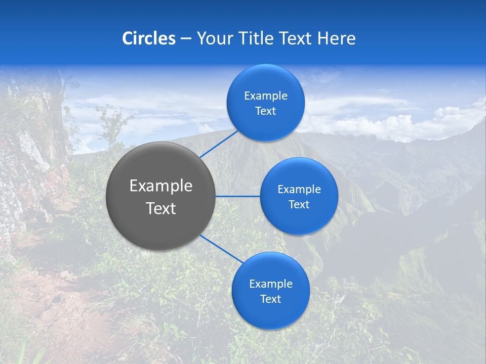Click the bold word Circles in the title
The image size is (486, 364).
(149, 38)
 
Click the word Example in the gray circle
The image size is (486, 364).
(161, 186)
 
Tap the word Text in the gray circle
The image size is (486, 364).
(161, 208)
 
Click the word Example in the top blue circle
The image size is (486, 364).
(265, 96)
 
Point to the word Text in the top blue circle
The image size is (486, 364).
(265, 111)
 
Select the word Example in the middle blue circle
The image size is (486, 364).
(299, 190)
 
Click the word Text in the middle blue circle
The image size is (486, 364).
(299, 205)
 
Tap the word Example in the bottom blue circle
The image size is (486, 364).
(270, 284)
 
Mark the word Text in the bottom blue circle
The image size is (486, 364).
(270, 299)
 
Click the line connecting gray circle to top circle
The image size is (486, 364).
(219, 144)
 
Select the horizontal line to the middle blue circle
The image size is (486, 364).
(237, 196)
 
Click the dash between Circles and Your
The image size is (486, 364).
(186, 39)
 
